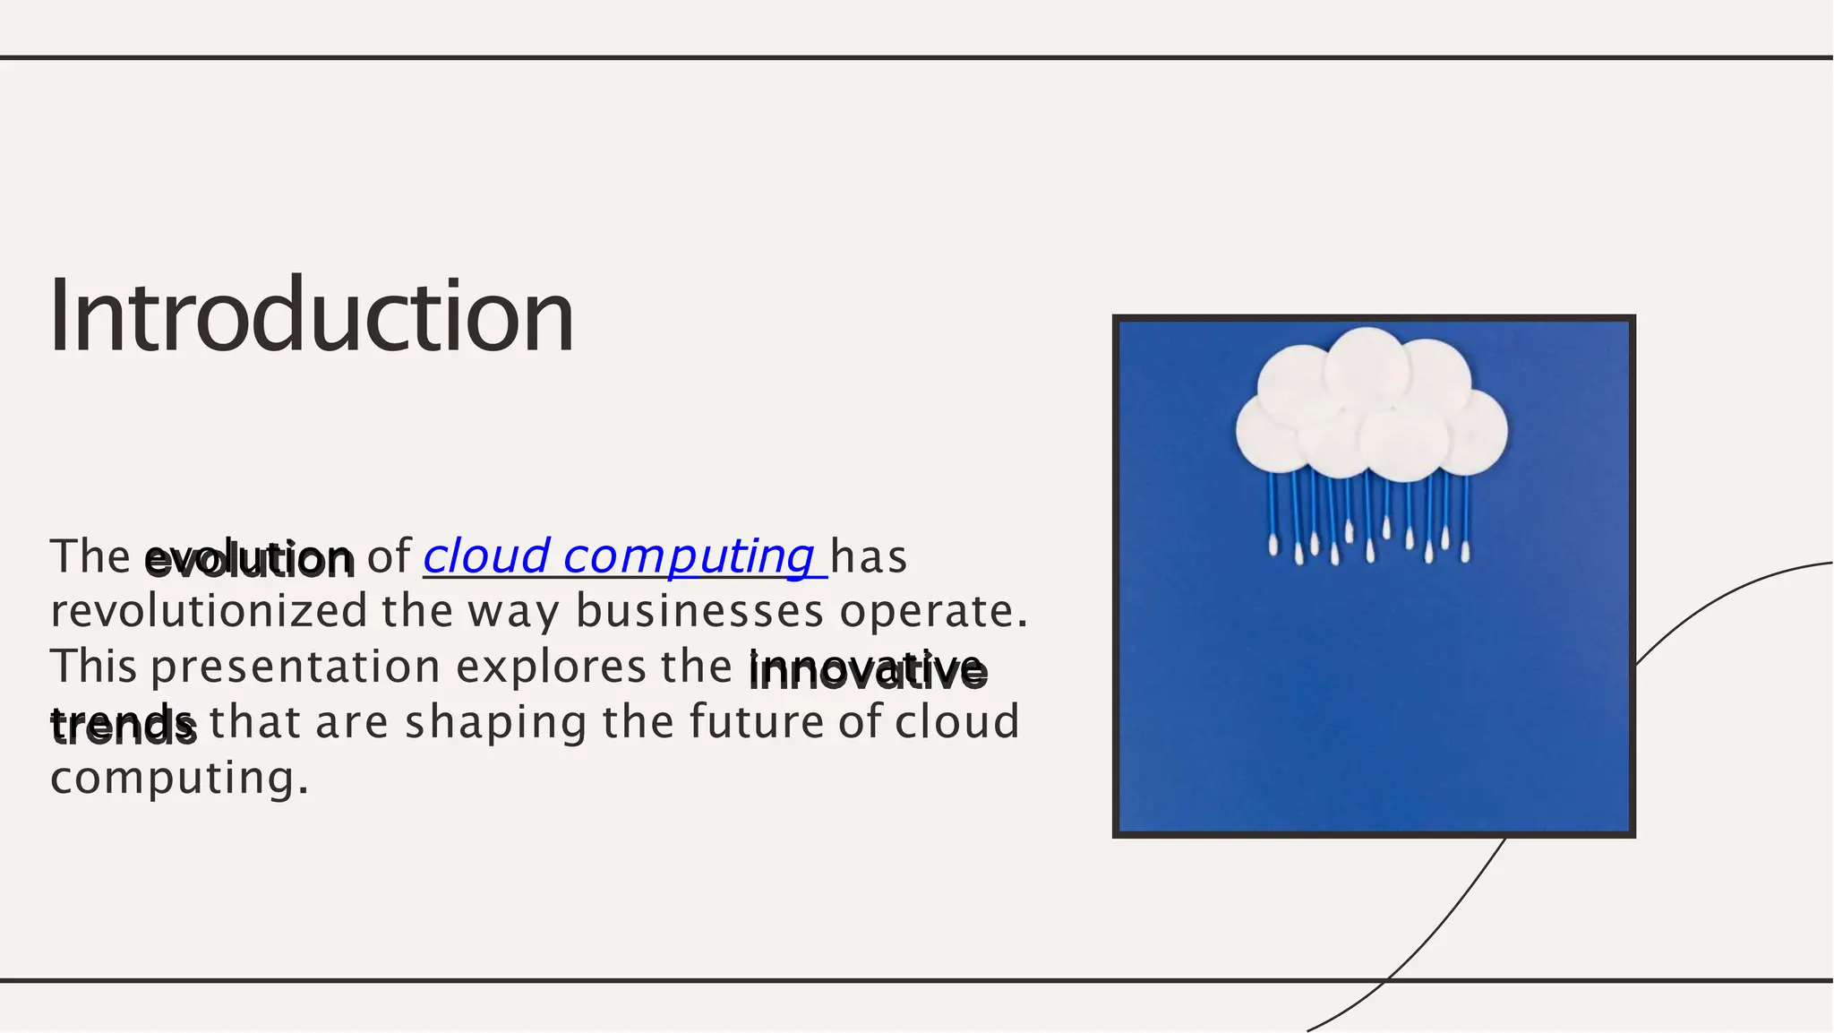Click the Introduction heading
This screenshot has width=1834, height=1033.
311,316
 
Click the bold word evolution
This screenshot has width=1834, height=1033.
249,559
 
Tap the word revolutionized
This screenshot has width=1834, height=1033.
209,612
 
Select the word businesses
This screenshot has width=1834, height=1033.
698,612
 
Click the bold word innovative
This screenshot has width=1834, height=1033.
868,671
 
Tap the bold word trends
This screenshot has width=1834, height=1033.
123,725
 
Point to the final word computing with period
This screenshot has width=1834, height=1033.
179,778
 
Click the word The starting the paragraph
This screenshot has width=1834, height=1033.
90,556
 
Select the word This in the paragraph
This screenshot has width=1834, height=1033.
93,667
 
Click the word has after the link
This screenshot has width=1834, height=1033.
869,556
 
